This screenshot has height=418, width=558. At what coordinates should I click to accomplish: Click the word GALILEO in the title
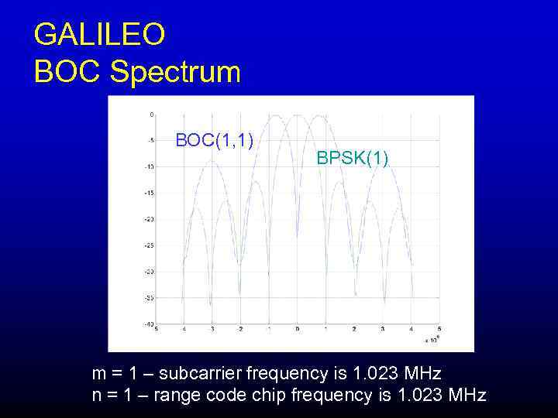pos(99,35)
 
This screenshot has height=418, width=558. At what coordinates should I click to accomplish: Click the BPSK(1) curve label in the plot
pos(353,158)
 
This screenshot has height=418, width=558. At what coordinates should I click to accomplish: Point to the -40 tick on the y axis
pos(148,324)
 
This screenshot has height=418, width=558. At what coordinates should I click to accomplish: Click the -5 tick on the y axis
pos(149,140)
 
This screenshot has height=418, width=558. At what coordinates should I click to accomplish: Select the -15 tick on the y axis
pos(148,193)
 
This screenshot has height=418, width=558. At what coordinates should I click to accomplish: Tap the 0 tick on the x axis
pos(297,330)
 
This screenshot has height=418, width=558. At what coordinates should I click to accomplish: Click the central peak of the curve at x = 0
pos(297,115)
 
